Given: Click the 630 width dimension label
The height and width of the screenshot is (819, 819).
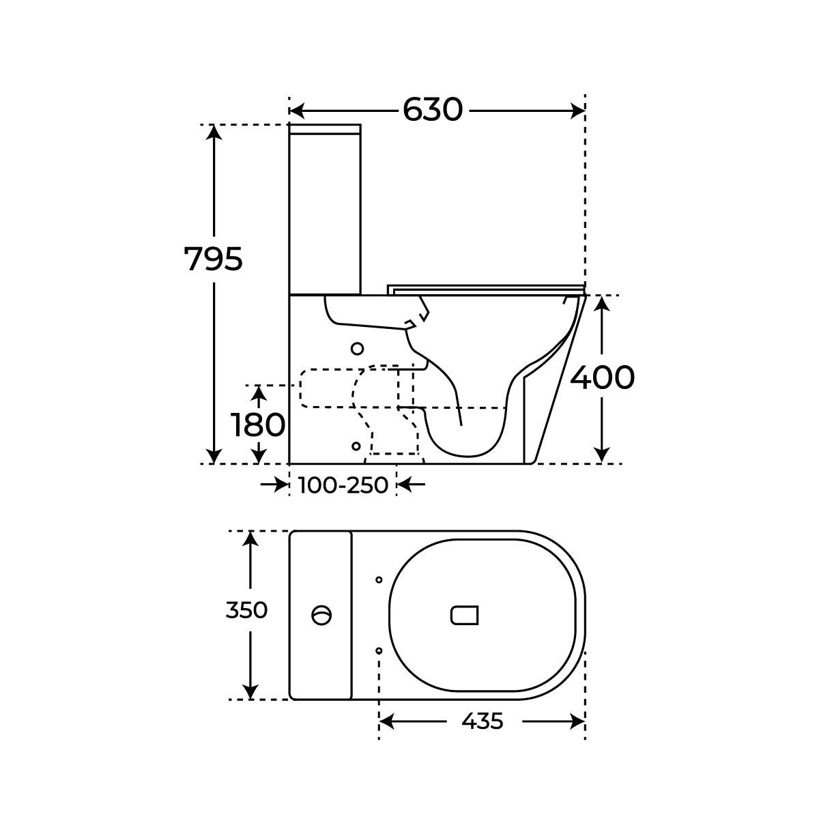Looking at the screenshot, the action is click(432, 110).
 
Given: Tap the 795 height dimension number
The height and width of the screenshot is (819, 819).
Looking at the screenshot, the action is click(213, 259).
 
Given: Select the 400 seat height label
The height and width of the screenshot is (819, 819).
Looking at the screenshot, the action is click(602, 377).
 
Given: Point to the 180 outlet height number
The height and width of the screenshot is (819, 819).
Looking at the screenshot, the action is click(258, 425).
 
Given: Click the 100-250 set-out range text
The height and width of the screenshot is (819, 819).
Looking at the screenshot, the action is click(343, 485).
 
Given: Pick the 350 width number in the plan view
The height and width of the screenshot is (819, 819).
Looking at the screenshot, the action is click(246, 610).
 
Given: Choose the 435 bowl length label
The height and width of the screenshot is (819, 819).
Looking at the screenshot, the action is click(483, 721).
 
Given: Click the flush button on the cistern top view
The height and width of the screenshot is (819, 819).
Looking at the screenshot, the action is click(321, 615).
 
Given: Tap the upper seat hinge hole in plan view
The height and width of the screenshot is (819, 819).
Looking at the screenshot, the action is click(379, 579).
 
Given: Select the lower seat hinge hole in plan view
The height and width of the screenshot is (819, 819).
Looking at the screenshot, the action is click(379, 650).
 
